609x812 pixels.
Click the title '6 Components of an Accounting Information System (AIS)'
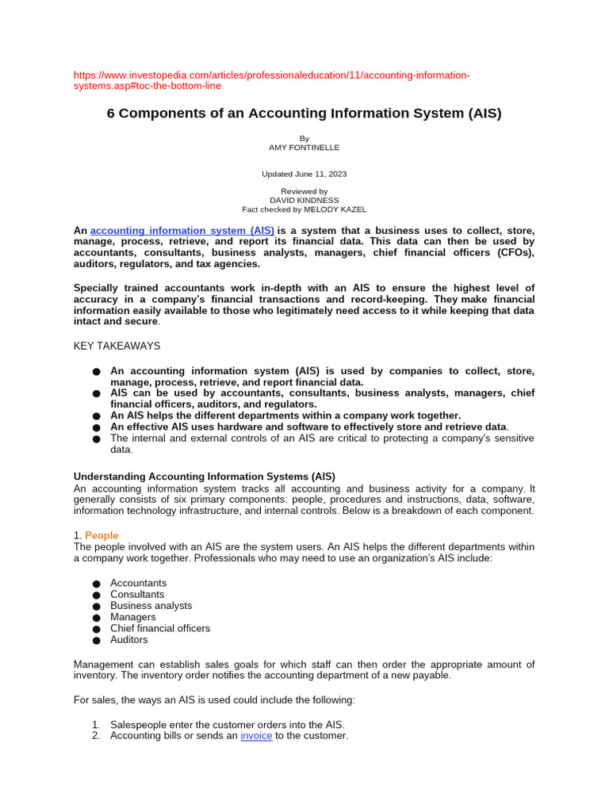click(x=304, y=113)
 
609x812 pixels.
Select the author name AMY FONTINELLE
click(x=304, y=147)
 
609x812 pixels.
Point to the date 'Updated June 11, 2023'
click(x=304, y=174)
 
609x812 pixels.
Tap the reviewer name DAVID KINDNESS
click(x=304, y=201)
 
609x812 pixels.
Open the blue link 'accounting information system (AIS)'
click(x=182, y=231)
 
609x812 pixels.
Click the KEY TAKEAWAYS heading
click(x=117, y=346)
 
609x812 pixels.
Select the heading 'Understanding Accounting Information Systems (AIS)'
click(x=204, y=477)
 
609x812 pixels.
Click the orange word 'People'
click(x=101, y=535)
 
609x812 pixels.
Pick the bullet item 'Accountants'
click(x=139, y=583)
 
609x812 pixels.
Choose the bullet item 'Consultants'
click(x=137, y=594)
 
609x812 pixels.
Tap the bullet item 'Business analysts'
click(x=151, y=606)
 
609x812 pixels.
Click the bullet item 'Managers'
click(x=133, y=617)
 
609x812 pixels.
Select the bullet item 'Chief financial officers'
click(x=160, y=628)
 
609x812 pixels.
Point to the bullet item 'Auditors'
click(x=129, y=639)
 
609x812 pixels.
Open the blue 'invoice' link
click(x=256, y=736)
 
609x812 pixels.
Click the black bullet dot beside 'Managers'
click(x=96, y=618)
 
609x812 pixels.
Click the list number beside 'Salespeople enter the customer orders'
click(x=95, y=725)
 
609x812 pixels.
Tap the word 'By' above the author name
click(x=304, y=138)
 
